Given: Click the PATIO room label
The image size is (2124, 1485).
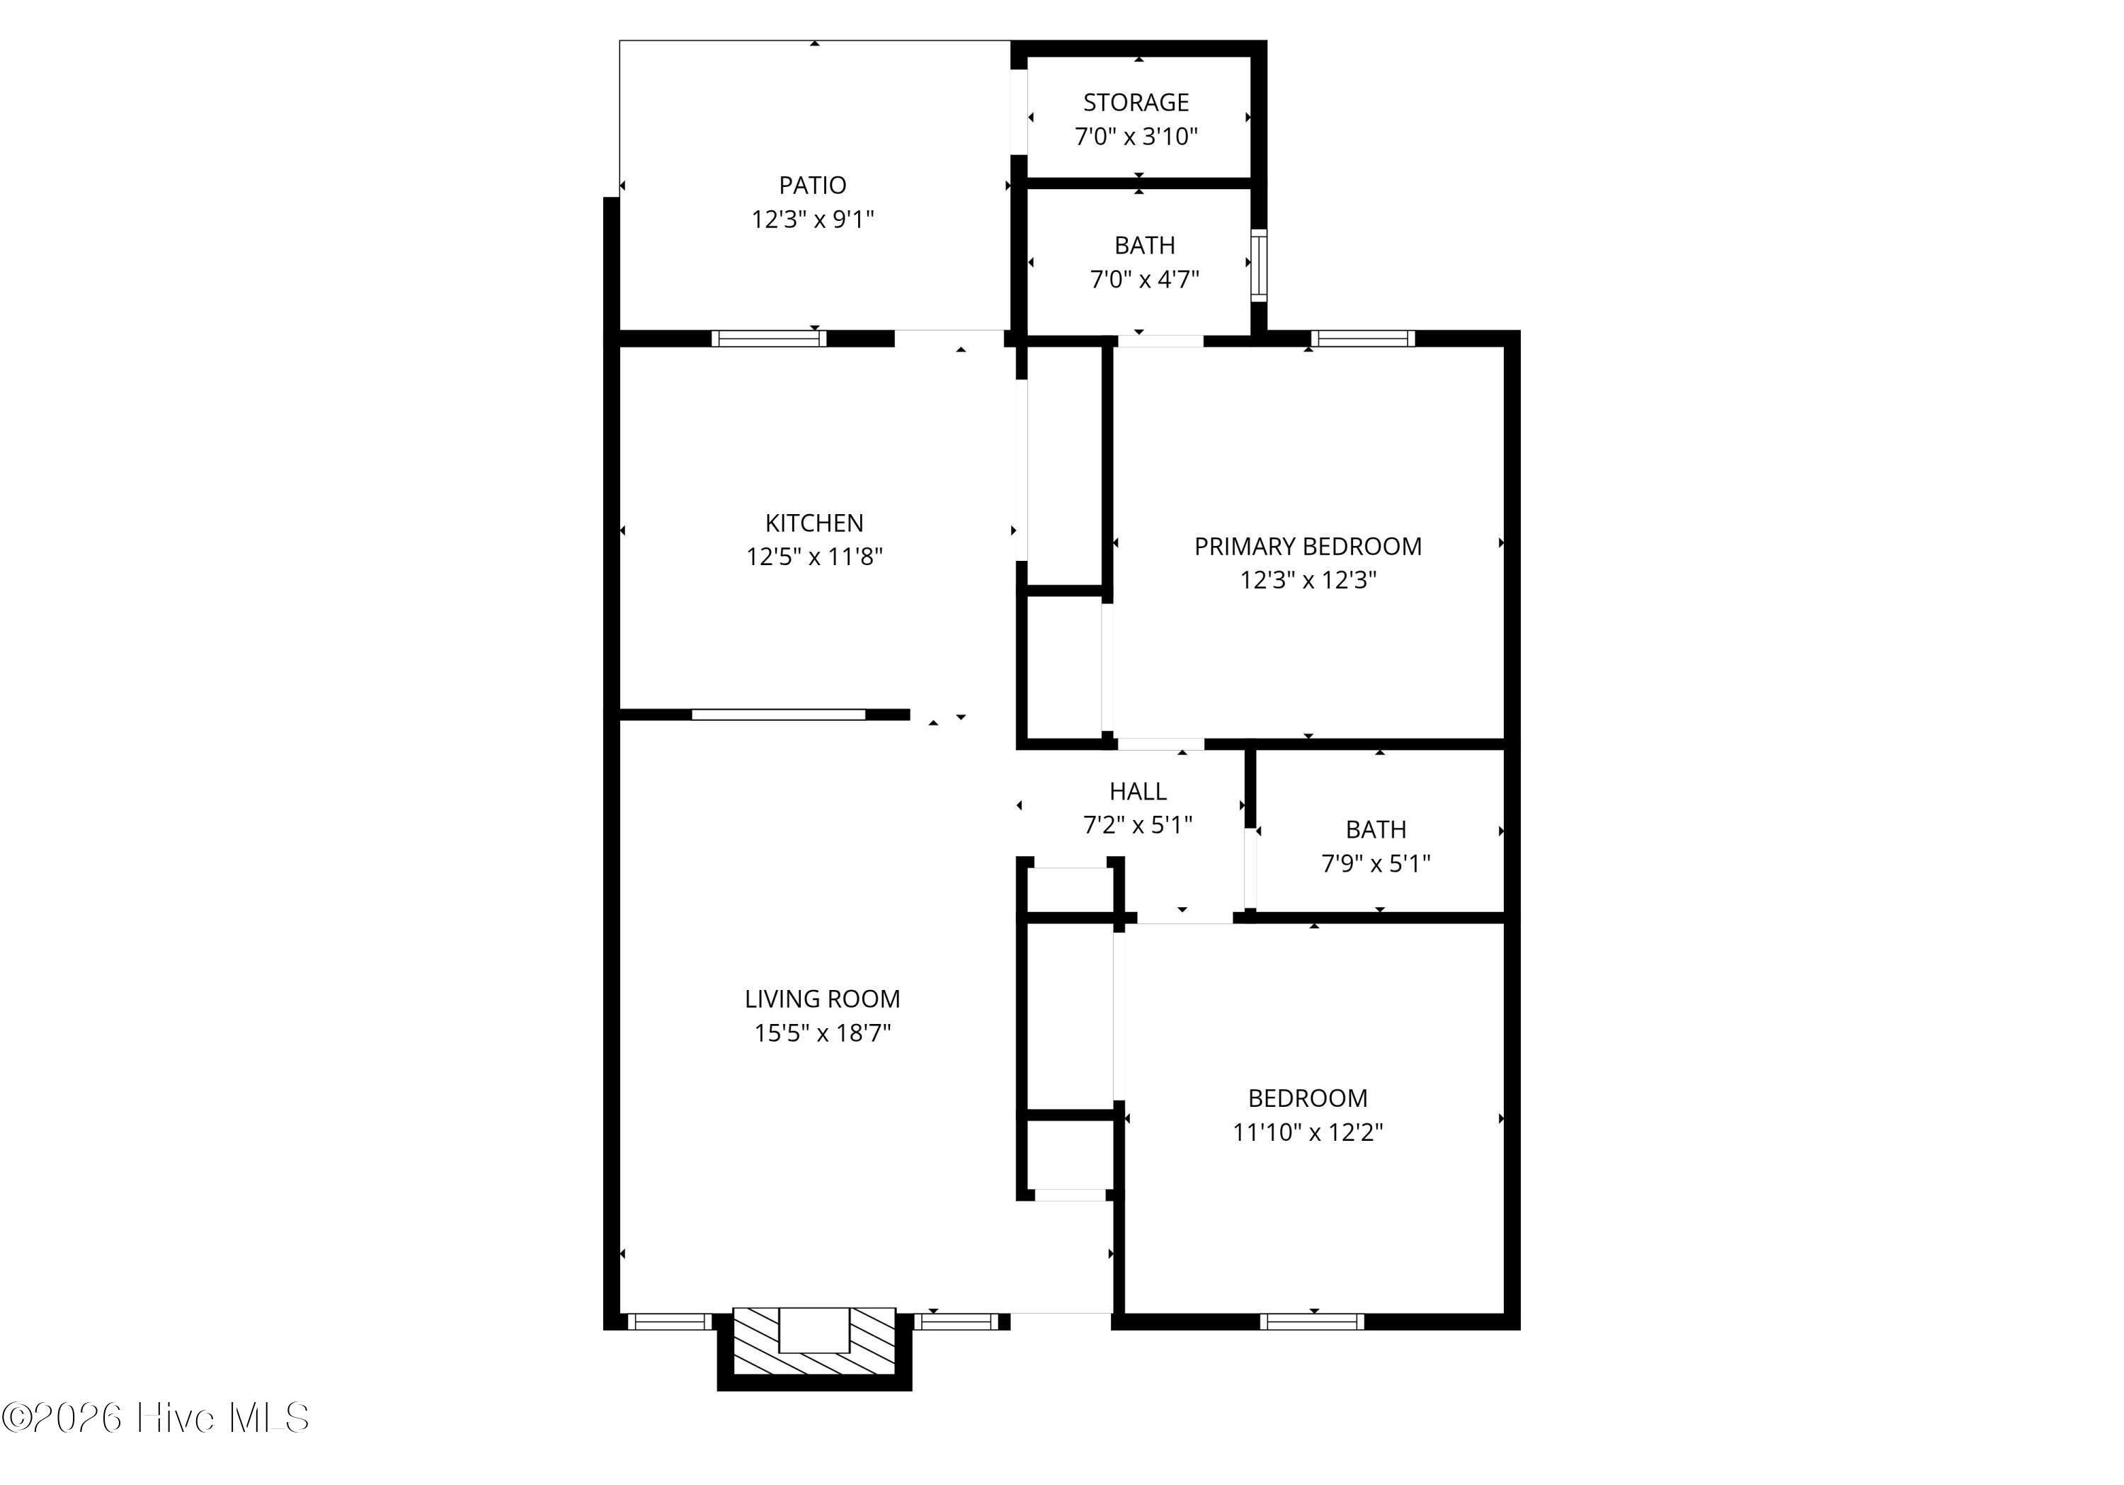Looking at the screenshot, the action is point(812,185).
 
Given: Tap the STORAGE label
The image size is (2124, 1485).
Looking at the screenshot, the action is point(1136,102).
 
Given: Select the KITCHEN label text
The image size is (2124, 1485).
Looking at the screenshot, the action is point(814,523).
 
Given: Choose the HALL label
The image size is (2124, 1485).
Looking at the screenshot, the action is point(1138,791).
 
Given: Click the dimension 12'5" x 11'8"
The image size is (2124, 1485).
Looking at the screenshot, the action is point(814,556).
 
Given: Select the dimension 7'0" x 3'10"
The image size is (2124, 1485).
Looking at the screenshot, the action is point(1136,136).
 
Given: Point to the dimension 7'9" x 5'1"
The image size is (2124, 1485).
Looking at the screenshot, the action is point(1376,863).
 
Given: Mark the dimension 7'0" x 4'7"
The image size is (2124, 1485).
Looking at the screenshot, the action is point(1144,278).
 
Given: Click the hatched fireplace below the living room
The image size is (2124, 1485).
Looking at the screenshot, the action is point(814,1341).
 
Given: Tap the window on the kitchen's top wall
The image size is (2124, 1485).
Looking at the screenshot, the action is point(769,338).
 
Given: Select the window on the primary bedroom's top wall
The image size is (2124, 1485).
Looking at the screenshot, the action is point(1364,338).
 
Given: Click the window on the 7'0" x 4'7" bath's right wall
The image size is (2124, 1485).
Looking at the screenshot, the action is point(1259,265).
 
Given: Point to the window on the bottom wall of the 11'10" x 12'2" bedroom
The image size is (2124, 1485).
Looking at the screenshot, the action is point(1312,1321).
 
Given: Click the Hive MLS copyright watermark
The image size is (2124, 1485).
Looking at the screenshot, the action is point(156,1418).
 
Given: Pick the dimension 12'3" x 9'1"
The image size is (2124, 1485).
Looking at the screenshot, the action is point(812,220).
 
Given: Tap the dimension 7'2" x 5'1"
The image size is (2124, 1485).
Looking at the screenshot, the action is point(1138,824).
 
